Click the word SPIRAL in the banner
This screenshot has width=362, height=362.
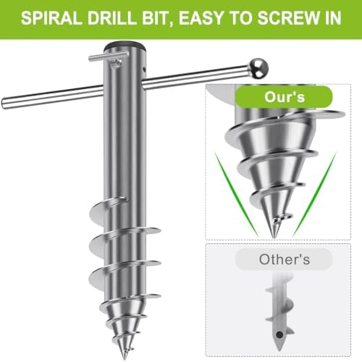click(51, 18)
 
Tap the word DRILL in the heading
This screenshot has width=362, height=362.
click(111, 18)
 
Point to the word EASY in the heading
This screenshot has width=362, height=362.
click(201, 18)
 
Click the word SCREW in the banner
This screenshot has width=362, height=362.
click(286, 18)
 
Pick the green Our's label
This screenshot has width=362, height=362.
click(284, 97)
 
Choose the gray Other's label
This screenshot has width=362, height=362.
click(284, 259)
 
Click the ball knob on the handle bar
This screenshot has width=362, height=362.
click(258, 68)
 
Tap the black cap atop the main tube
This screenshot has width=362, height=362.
click(125, 45)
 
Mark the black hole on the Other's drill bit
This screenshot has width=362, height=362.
click(279, 334)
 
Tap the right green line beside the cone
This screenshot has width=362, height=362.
click(314, 193)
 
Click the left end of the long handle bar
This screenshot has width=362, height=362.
click(4, 104)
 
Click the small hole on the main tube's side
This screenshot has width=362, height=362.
click(144, 70)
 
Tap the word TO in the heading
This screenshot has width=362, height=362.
click(240, 18)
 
